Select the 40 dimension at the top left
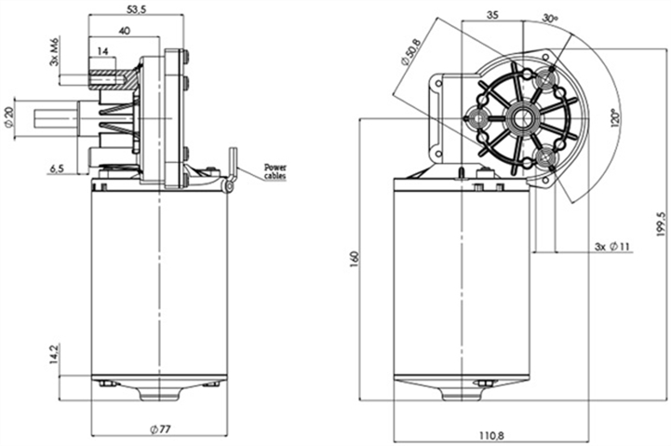pyautogui.click(x=125, y=32)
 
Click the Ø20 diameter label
pyautogui.click(x=9, y=118)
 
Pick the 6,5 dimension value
pyautogui.click(x=57, y=169)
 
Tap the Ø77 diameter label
pyautogui.click(x=159, y=429)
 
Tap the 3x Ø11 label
pyautogui.click(x=612, y=248)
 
